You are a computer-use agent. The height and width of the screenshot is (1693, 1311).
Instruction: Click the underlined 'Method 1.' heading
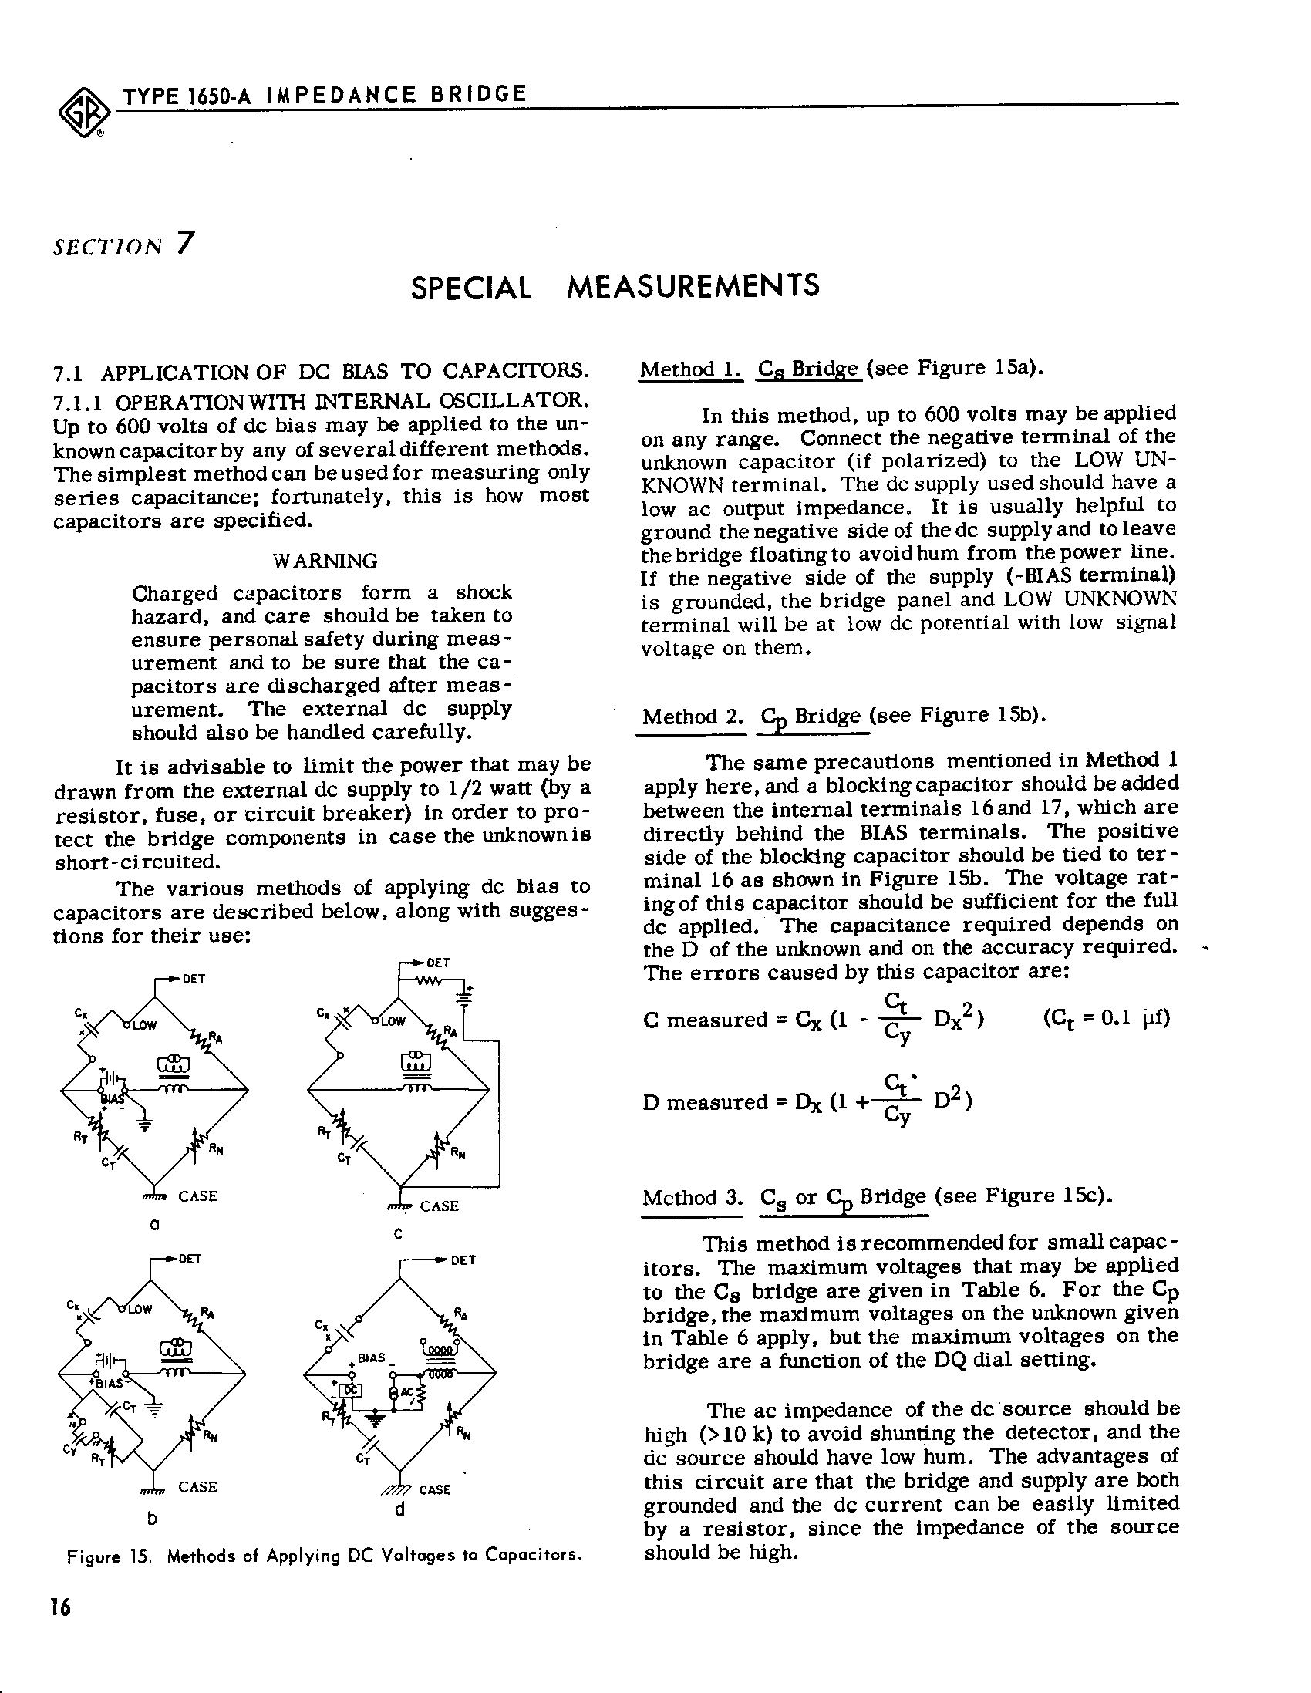point(690,369)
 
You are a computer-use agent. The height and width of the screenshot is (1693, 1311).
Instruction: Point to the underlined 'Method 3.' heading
point(692,1198)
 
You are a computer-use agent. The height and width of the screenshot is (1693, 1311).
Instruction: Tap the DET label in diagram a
point(194,979)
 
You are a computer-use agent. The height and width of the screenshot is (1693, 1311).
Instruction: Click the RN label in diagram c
point(457,1154)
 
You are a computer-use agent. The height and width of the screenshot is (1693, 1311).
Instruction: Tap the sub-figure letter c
point(398,1234)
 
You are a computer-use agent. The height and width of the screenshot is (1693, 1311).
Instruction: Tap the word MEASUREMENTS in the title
point(693,287)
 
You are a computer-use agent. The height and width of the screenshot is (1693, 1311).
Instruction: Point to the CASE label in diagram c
point(439,1206)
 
